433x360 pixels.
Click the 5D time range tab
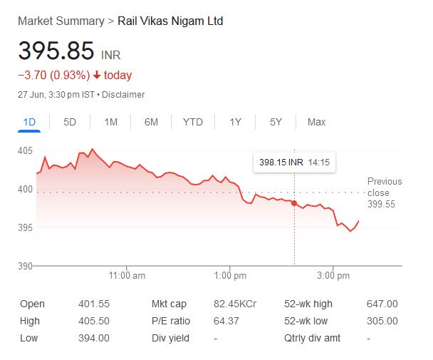pyautogui.click(x=70, y=122)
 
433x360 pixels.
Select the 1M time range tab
pyautogui.click(x=110, y=122)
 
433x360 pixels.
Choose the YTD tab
pyautogui.click(x=193, y=122)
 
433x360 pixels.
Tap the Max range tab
pyautogui.click(x=316, y=122)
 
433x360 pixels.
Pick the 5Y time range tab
pyautogui.click(x=276, y=122)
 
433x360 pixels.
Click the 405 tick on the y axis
pyautogui.click(x=26, y=151)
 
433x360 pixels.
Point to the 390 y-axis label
pyautogui.click(x=26, y=267)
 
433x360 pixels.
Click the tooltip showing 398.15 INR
pyautogui.click(x=294, y=163)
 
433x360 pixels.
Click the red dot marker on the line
pyautogui.click(x=294, y=204)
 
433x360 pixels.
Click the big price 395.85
pyautogui.click(x=56, y=51)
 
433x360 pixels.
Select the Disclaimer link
pyautogui.click(x=125, y=95)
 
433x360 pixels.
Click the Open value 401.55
pyautogui.click(x=93, y=304)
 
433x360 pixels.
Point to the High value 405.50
pyautogui.click(x=93, y=321)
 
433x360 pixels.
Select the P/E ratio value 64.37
pyautogui.click(x=226, y=321)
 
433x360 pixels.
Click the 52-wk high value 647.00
pyautogui.click(x=382, y=304)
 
